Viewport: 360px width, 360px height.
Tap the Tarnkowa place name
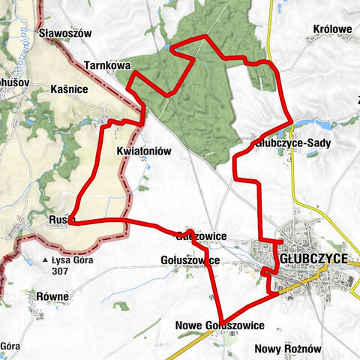pos(107,65)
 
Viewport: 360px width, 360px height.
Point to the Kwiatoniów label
pos(145,151)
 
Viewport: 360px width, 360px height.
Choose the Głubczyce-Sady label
pos(292,141)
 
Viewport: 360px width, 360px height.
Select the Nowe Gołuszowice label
pos(219,325)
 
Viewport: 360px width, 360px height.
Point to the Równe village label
pos(52,296)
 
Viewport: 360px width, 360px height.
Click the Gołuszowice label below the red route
pos(190,260)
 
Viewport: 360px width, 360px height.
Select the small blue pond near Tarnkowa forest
pos(172,49)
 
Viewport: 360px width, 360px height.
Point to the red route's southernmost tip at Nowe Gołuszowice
pos(220,322)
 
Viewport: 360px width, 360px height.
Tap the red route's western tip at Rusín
pos(69,222)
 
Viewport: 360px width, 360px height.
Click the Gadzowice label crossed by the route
pos(200,235)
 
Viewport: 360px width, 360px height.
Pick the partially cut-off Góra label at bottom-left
pos(9,346)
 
